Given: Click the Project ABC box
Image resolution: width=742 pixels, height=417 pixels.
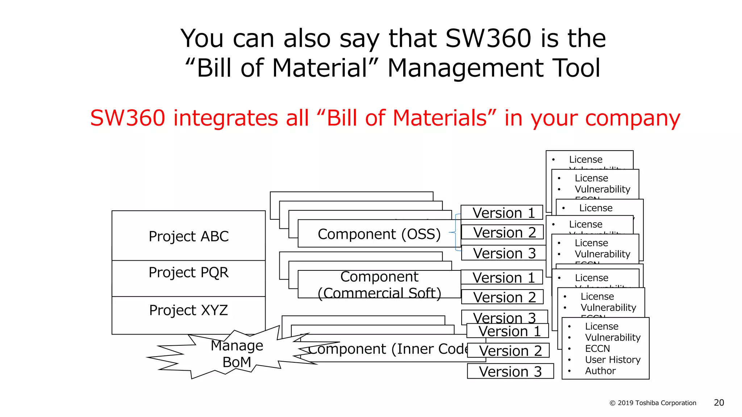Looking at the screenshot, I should coord(188,236).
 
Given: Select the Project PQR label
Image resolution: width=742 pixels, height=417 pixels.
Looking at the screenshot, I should coord(188,272).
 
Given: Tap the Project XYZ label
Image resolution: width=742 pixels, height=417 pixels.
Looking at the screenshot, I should coord(188,310).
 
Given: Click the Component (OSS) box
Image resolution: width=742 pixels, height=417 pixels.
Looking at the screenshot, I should coord(379,234).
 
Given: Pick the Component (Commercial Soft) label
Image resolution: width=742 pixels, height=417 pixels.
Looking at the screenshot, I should coord(379,285).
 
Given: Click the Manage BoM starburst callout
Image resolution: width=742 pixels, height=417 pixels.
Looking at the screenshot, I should coord(237,354).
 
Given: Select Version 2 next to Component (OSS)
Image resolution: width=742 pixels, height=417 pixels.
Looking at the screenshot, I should coord(504,232).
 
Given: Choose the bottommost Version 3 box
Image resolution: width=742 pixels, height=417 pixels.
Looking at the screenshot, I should coord(510,371).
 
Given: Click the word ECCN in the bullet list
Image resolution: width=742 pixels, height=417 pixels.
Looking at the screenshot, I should coord(597,349).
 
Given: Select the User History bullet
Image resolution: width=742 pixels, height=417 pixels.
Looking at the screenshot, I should coord(613,360).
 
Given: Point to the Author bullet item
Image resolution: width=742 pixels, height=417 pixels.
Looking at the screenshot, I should coord(600,371).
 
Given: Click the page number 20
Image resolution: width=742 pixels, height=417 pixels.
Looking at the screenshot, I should coord(719,403).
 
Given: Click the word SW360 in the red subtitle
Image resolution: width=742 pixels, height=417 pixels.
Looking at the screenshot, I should coord(128,118).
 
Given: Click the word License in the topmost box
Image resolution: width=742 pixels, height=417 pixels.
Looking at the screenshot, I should coord(585,160).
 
